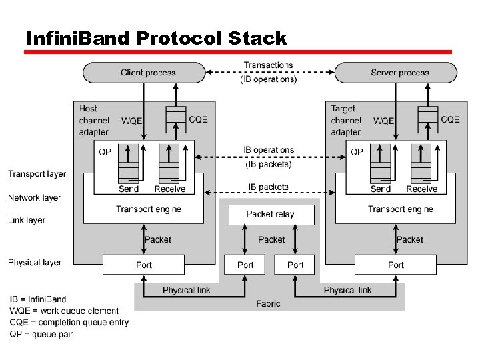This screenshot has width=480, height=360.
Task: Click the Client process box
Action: tap(144, 73)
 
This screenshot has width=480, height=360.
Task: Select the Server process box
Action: tap(399, 73)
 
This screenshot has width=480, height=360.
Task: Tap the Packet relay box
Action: tap(270, 214)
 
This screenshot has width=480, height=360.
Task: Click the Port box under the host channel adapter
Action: tap(144, 265)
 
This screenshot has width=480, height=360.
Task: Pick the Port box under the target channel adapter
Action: tap(396, 265)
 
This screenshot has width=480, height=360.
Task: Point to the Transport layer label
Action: tap(37, 174)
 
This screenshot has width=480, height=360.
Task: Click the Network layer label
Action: tap(35, 198)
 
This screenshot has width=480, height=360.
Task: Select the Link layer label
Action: tap(27, 220)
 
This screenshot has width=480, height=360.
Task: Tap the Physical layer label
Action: tap(35, 263)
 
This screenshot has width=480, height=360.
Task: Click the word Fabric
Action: tap(268, 303)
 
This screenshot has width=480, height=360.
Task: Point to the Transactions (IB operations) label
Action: tap(268, 72)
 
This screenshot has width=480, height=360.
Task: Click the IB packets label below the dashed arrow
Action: tap(268, 187)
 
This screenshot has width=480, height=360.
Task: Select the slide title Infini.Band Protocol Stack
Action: tap(156, 38)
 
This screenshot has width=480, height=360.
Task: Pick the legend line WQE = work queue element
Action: tap(64, 311)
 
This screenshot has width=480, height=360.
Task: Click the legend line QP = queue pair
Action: tap(41, 334)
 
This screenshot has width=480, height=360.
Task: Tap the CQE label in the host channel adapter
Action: tap(198, 119)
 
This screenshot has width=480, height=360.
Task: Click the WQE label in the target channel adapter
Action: tap(383, 121)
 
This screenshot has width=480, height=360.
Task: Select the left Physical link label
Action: tap(187, 290)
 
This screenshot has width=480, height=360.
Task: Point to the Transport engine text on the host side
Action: tap(149, 209)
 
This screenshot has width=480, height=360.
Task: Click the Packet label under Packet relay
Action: tap(271, 239)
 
